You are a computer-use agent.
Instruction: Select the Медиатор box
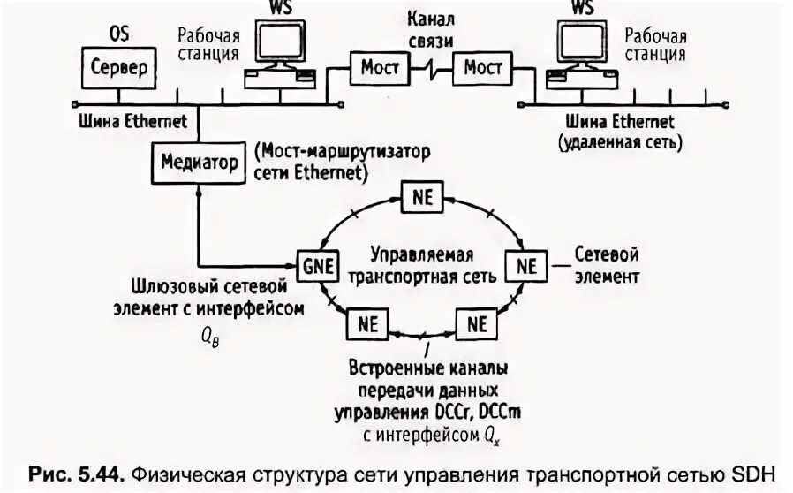(x=200, y=163)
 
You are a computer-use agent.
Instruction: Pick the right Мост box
(x=483, y=67)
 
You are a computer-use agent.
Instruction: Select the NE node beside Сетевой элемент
(x=526, y=265)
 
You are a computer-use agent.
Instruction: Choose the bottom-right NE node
(x=477, y=323)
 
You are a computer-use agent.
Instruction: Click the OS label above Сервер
(x=118, y=34)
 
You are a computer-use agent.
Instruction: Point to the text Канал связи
(x=430, y=29)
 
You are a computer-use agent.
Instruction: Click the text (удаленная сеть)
(x=619, y=140)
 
